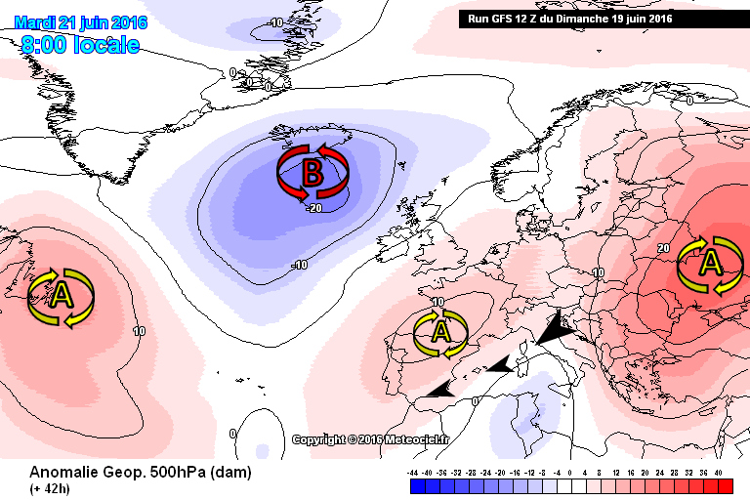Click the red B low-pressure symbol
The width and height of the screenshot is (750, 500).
[x=312, y=173]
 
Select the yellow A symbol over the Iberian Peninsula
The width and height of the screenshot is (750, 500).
[x=440, y=333]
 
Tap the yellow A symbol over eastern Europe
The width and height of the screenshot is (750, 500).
[x=711, y=264]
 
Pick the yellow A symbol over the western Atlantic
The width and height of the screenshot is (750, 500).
[x=61, y=296]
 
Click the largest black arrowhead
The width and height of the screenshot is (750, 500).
[x=552, y=331]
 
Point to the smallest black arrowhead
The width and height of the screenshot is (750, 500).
[x=441, y=389]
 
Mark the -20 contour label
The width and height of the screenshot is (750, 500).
[x=313, y=208]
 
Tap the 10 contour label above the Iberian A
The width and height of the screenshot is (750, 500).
[x=437, y=303]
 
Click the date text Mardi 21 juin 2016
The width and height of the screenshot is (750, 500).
[x=81, y=21]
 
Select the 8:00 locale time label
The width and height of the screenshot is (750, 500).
[x=80, y=45]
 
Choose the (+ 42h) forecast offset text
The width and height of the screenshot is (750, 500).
[x=50, y=488]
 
